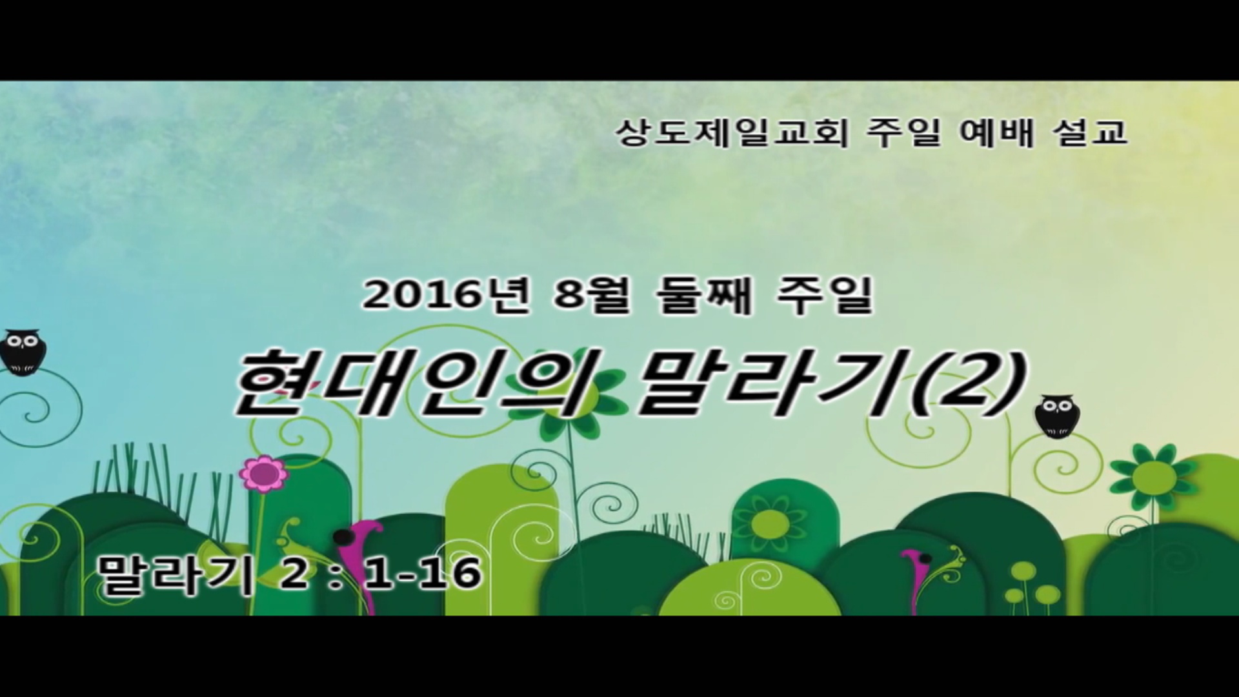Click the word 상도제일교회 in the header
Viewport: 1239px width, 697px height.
click(x=731, y=133)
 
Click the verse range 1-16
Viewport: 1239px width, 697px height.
click(x=423, y=573)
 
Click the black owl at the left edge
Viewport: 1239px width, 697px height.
click(x=23, y=352)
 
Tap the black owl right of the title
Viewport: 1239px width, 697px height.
click(x=1057, y=416)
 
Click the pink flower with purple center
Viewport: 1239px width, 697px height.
click(x=263, y=474)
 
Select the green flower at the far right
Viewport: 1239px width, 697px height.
click(x=1154, y=476)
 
